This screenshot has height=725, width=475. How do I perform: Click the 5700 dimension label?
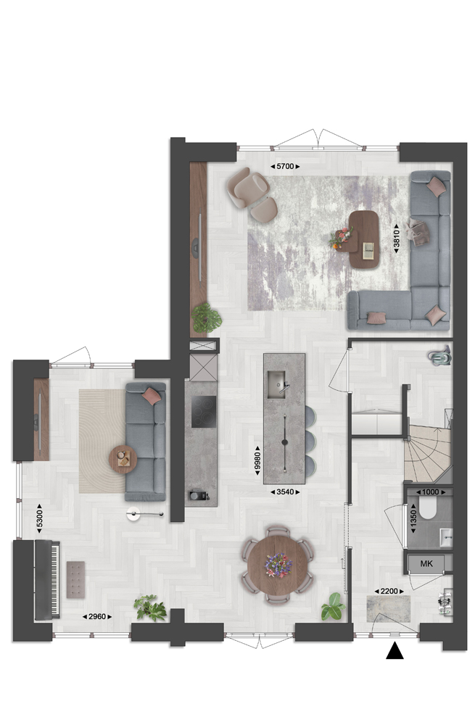tap(285, 167)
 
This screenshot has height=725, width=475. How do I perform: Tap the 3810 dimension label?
tap(397, 239)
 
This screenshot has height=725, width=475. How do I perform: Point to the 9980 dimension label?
tap(258, 460)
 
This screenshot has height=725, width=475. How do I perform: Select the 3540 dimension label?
tap(285, 492)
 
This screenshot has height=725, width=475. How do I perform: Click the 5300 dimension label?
tap(39, 518)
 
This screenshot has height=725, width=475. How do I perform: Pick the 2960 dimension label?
tap(97, 616)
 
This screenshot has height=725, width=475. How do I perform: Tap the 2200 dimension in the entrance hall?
tap(389, 591)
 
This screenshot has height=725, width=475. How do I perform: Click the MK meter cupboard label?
tap(426, 563)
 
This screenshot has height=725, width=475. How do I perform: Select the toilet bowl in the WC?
tap(427, 507)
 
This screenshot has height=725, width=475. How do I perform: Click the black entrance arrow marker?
tap(395, 651)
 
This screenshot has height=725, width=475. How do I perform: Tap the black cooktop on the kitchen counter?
tap(204, 412)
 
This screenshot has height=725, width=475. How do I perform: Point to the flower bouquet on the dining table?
tap(278, 565)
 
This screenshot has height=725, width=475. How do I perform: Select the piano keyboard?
tap(56, 579)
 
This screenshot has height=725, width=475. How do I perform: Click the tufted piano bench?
tap(75, 580)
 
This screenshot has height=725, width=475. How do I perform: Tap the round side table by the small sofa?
tap(123, 459)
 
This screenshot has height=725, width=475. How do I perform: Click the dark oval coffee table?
tap(364, 239)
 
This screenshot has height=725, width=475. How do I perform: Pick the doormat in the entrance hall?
tap(389, 609)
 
